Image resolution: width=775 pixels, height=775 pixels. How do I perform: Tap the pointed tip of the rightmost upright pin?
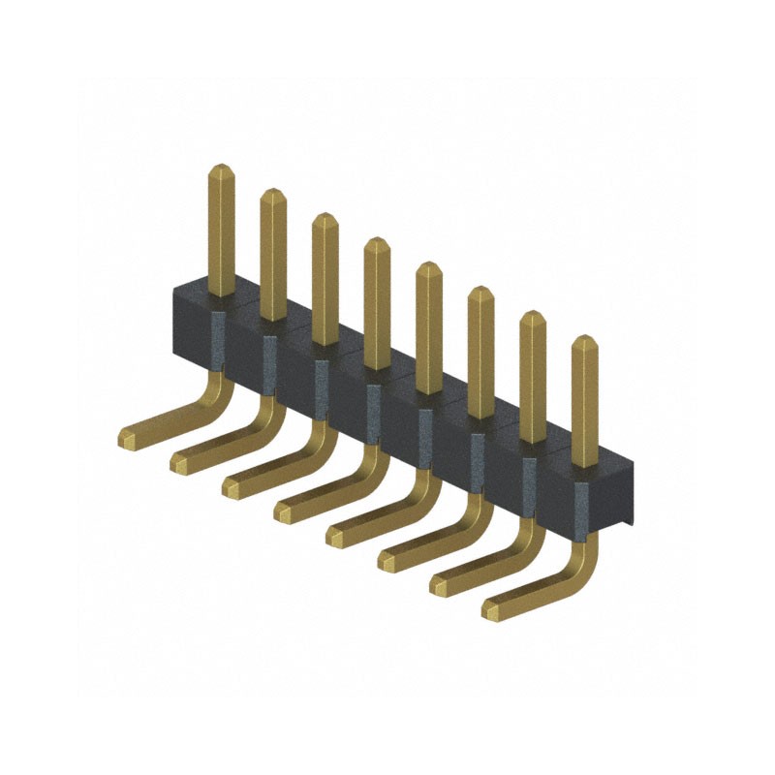coord(584,339)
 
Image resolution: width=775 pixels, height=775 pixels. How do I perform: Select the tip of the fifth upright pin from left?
coord(428,266)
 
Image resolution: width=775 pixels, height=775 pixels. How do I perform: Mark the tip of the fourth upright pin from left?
coord(377,241)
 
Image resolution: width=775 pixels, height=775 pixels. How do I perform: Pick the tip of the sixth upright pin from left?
coord(480,291)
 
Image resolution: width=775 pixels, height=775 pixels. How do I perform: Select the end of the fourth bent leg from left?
coord(284,511)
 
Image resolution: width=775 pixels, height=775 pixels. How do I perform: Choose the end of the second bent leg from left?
coord(179,461)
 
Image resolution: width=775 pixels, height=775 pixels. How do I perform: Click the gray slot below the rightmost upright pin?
coord(581,504)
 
